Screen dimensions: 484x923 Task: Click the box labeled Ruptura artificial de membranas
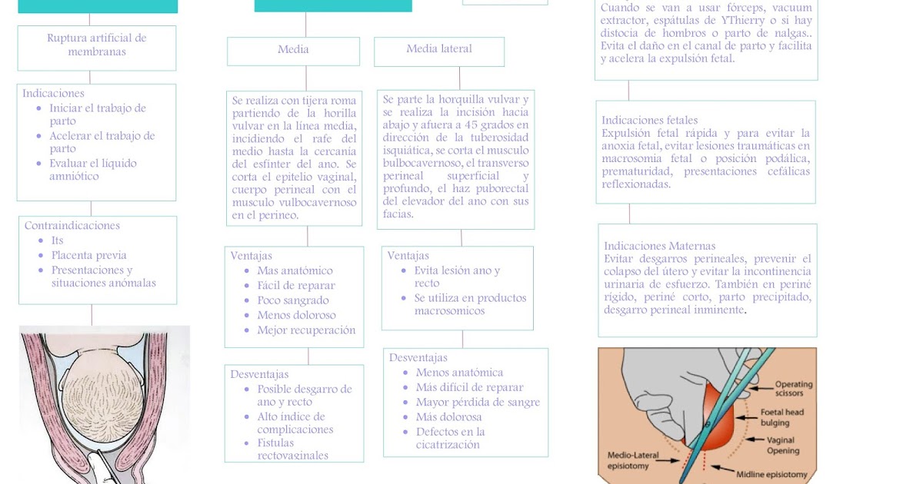(x=97, y=45)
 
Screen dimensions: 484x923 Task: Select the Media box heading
(x=293, y=50)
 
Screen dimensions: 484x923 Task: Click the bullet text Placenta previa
(x=88, y=255)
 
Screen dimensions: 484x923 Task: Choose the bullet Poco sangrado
(x=292, y=300)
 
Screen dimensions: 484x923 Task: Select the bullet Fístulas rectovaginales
(x=292, y=449)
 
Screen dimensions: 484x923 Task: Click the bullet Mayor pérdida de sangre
(x=478, y=402)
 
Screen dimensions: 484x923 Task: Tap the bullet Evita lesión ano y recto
(x=457, y=277)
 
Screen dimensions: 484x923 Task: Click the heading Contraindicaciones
(x=72, y=226)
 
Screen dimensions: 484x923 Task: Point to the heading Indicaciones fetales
(x=650, y=121)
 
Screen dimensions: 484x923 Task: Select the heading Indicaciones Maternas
(x=659, y=246)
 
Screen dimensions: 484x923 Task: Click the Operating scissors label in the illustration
(x=793, y=390)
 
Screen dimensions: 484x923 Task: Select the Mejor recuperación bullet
(x=306, y=330)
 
